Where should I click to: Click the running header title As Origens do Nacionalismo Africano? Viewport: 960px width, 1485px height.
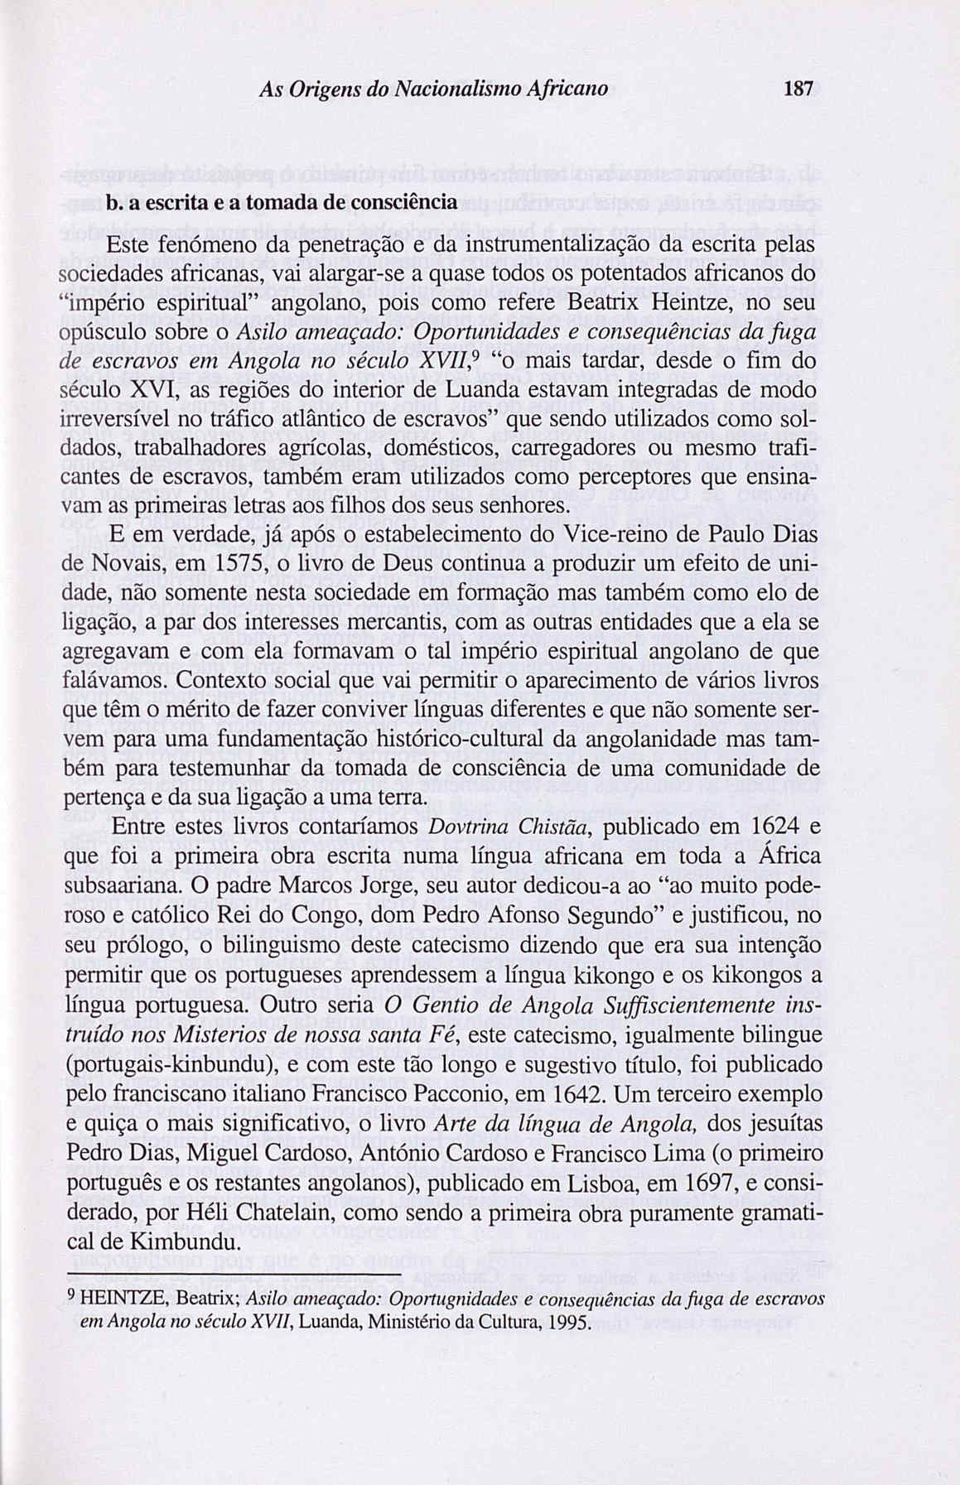coord(433,88)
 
